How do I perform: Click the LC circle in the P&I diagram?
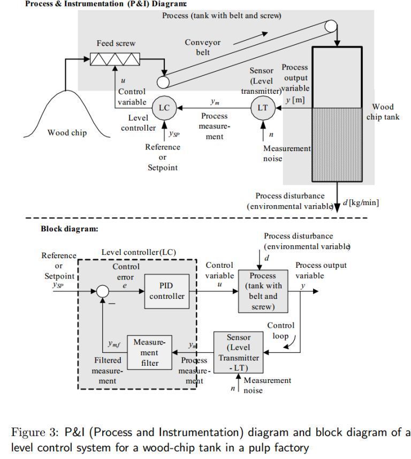tap(164, 108)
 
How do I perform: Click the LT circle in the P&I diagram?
tap(262, 108)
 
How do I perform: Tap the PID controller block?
tap(166, 291)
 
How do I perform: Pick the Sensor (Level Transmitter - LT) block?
tap(238, 353)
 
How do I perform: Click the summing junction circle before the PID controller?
tap(102, 291)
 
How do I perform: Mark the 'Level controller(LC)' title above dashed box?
tap(139, 252)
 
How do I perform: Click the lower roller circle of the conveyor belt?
tap(163, 81)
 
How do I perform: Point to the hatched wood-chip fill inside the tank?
tap(337, 145)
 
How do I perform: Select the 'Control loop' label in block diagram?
tap(280, 330)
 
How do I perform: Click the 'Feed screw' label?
tap(116, 43)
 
